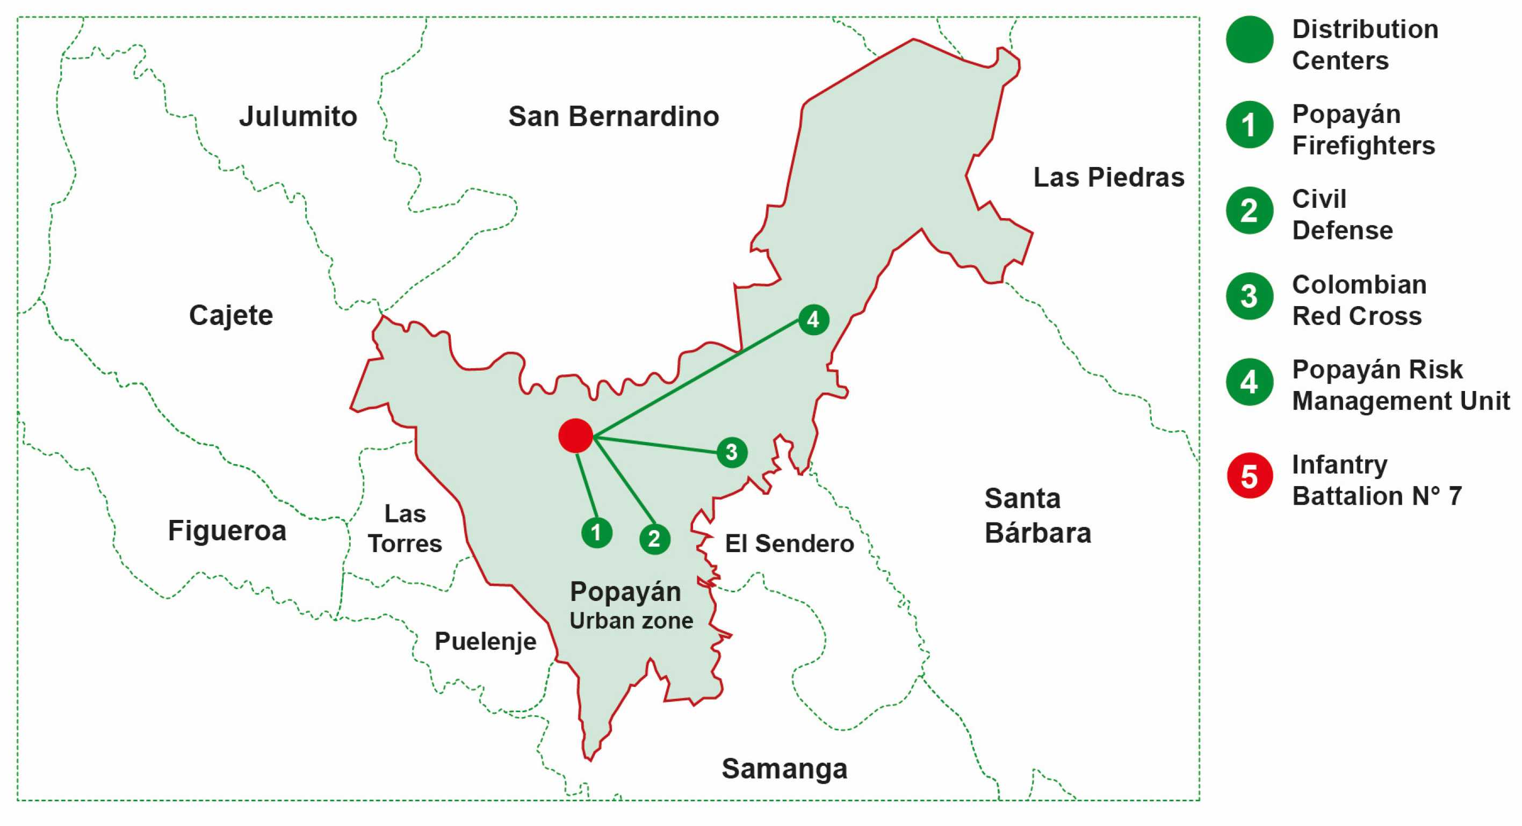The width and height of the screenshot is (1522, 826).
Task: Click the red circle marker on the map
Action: click(575, 436)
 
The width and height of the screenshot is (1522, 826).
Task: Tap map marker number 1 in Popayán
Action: click(596, 532)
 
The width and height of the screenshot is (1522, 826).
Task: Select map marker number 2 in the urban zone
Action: click(654, 539)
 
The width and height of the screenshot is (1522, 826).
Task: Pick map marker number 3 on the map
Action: click(732, 453)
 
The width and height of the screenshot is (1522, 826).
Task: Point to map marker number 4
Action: click(813, 320)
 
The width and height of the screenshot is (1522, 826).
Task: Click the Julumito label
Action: click(298, 117)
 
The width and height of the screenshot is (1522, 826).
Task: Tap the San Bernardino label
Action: click(614, 117)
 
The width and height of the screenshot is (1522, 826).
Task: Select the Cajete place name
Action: click(230, 315)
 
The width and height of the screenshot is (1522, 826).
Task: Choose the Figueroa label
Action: click(227, 530)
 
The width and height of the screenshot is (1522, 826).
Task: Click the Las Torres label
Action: click(405, 529)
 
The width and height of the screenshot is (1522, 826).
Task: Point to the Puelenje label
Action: click(485, 641)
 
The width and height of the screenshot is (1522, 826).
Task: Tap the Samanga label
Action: click(784, 769)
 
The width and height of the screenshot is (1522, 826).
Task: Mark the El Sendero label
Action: click(789, 544)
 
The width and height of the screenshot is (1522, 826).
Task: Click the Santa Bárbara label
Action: click(1037, 515)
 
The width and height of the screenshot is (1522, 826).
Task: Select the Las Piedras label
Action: click(1108, 177)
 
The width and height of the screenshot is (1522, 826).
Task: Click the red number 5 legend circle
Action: click(1249, 476)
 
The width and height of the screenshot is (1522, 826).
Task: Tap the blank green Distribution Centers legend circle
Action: click(1249, 40)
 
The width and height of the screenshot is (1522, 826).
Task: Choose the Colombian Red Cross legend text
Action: click(1358, 300)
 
